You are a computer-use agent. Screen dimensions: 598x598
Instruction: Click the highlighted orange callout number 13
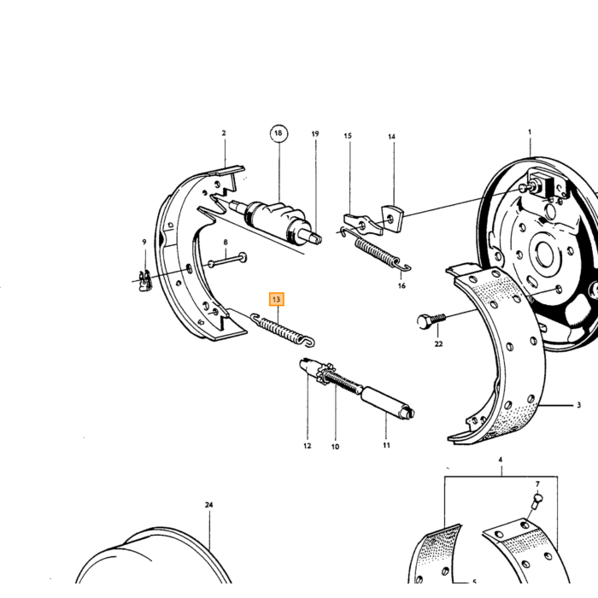click(x=277, y=299)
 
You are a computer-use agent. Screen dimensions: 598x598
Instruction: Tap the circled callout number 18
click(x=278, y=133)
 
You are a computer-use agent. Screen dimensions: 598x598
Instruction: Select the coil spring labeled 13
click(x=283, y=331)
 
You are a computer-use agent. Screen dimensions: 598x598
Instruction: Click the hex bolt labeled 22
click(x=431, y=321)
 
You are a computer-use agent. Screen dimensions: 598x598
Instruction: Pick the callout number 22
click(x=438, y=344)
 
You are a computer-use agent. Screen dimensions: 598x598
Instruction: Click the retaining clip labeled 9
click(x=144, y=281)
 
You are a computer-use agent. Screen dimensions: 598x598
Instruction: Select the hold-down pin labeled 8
click(x=227, y=261)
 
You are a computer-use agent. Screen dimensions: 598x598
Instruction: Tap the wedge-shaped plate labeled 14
click(x=392, y=219)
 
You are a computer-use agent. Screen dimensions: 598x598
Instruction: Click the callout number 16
click(x=402, y=286)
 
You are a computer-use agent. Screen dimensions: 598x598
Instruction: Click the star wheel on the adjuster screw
click(x=325, y=374)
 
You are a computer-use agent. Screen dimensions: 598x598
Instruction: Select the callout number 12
click(x=308, y=446)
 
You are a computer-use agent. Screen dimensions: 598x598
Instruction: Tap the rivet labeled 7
click(x=536, y=503)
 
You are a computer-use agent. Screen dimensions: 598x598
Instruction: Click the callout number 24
click(x=208, y=505)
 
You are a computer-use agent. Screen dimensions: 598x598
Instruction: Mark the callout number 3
click(x=578, y=405)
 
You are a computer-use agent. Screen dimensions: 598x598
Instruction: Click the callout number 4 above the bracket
click(x=501, y=460)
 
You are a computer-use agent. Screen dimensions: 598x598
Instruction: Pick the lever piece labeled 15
click(x=363, y=225)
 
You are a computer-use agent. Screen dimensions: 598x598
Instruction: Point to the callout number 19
click(x=315, y=134)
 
